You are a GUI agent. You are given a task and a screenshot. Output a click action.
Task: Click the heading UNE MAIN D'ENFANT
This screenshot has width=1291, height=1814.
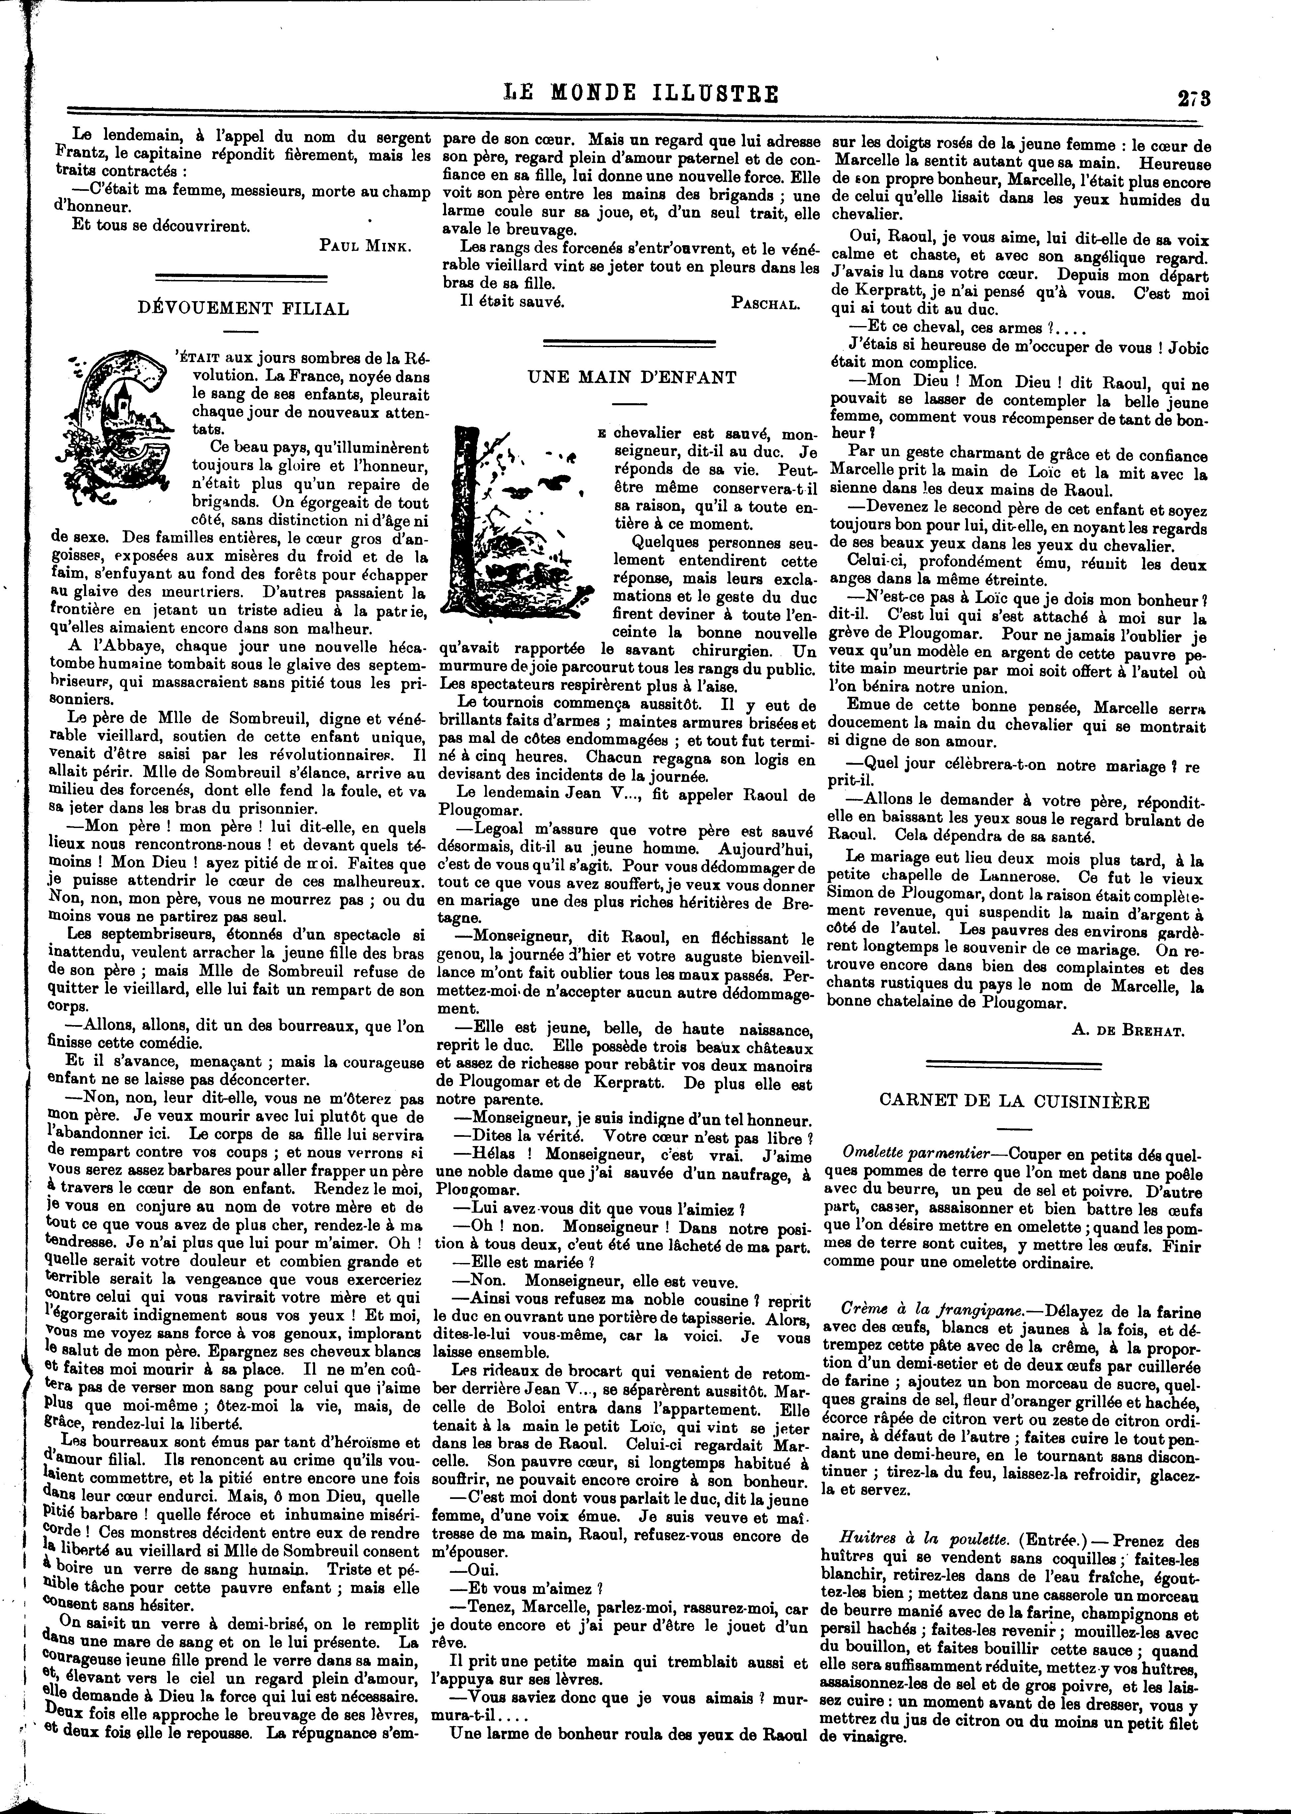[632, 378]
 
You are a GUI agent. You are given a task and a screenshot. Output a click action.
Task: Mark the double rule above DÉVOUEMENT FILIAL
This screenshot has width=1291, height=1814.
[241, 277]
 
